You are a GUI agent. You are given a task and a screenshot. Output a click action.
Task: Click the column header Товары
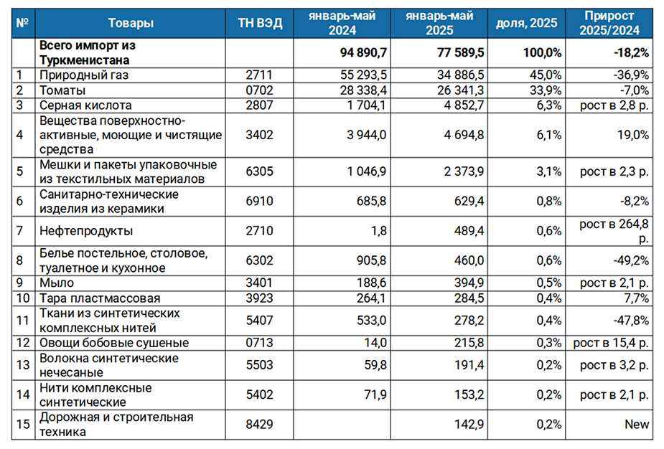pos(131,23)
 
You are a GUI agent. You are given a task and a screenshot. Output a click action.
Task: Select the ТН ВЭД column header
pos(260,23)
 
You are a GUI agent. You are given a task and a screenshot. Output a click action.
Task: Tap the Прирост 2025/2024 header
pos(609,23)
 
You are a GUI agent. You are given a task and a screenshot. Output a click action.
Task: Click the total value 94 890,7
pos(363,52)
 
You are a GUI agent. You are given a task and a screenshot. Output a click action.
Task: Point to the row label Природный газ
pos(84,75)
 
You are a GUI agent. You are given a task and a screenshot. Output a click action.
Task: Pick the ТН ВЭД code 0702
pos(260,90)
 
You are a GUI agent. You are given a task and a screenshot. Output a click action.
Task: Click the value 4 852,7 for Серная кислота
pos(464,105)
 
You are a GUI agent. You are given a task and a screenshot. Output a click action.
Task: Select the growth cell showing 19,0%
pos(633,135)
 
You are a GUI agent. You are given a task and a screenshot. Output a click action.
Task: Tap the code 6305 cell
pos(260,171)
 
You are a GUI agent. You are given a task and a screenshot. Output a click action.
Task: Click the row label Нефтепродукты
pos(86,231)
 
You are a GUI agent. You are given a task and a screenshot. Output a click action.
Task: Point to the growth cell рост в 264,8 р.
pos(614,231)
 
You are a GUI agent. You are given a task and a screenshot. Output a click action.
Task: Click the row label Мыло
pos(57,283)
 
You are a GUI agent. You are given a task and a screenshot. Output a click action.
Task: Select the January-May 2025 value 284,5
pos(469,298)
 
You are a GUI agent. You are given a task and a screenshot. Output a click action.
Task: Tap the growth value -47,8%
pos(631,321)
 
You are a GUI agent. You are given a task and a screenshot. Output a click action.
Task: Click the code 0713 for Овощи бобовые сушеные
pos(260,342)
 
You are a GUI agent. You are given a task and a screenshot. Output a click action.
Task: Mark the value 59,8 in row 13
pos(375,365)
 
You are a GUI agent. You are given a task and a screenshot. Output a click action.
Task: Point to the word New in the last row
pos(637,424)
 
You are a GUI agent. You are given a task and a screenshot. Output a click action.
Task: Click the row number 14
pos(23,394)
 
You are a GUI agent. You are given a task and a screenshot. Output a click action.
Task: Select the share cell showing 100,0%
pos(542,52)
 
